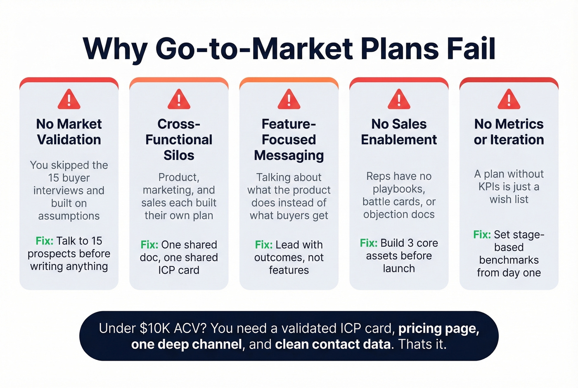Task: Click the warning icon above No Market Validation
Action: click(x=69, y=100)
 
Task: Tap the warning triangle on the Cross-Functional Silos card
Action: click(x=179, y=100)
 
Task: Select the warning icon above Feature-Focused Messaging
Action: click(x=289, y=100)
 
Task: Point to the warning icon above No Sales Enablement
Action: click(x=399, y=100)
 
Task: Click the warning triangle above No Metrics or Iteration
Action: click(x=509, y=100)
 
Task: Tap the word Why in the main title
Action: click(x=115, y=49)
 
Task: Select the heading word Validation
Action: click(x=69, y=140)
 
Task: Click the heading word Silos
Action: click(x=179, y=155)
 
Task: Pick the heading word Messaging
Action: click(x=289, y=155)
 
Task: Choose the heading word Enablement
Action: click(x=399, y=140)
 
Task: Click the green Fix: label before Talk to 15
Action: click(x=45, y=241)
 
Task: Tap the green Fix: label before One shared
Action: click(x=149, y=245)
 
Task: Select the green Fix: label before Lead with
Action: click(x=264, y=245)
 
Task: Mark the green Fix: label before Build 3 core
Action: click(x=369, y=243)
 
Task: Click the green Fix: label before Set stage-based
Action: click(x=482, y=235)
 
